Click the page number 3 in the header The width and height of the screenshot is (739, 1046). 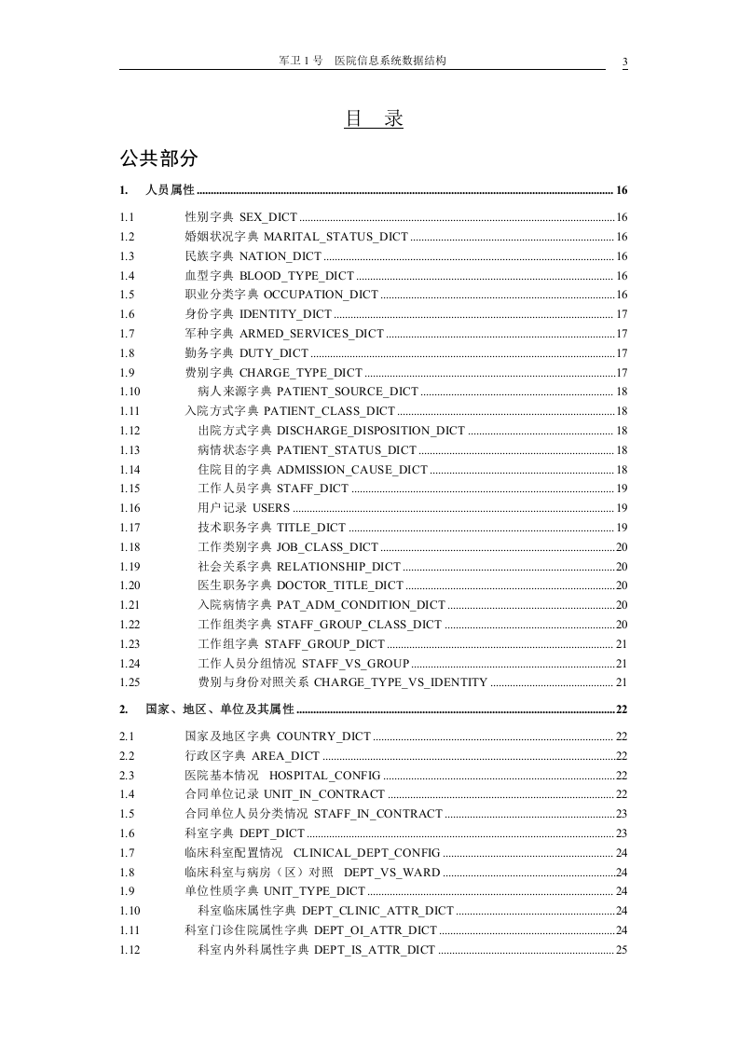(624, 62)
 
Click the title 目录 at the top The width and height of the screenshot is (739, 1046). (374, 119)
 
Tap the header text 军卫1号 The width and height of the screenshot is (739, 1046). (300, 61)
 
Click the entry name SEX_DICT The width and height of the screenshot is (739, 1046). (268, 217)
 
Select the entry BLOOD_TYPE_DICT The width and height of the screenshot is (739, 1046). (296, 276)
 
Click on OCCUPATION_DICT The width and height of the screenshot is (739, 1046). (308, 296)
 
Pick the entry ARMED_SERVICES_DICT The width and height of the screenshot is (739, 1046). (311, 334)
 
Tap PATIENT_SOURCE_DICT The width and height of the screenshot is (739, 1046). (347, 392)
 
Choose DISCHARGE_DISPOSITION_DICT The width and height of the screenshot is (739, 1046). (370, 431)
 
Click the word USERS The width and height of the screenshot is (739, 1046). (271, 509)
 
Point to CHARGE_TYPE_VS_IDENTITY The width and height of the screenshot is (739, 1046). (401, 683)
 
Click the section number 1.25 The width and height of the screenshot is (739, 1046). (130, 683)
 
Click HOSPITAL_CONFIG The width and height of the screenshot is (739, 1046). (324, 776)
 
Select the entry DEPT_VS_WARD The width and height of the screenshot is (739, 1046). (391, 873)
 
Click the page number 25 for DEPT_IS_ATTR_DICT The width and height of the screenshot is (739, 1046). (622, 950)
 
